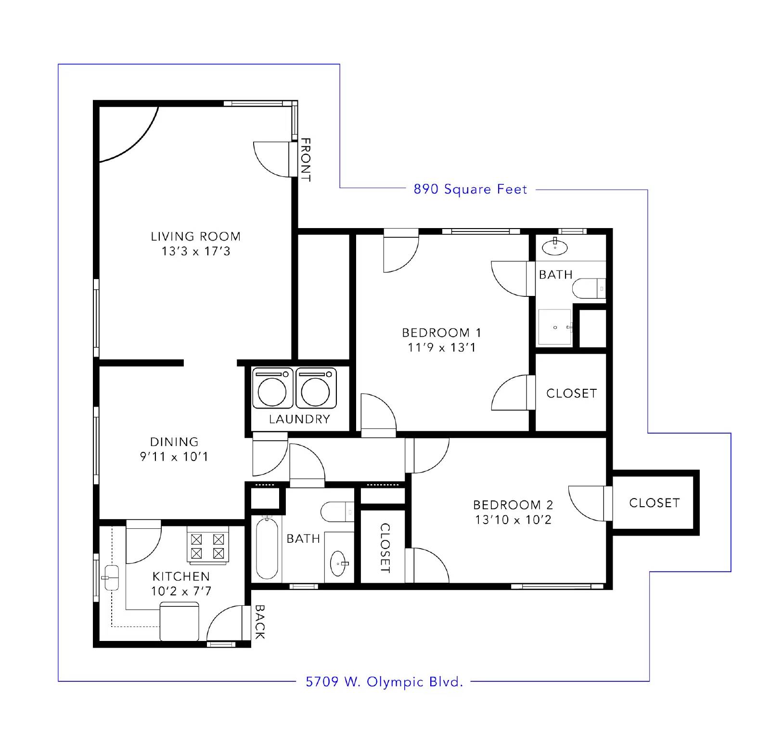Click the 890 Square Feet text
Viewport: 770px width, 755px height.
(470, 189)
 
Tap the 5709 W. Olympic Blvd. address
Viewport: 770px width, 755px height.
(385, 682)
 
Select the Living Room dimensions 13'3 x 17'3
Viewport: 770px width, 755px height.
(196, 251)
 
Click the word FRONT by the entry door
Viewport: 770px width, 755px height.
(306, 160)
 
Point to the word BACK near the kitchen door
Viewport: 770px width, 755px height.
(259, 622)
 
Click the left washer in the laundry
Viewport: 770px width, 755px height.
(272, 388)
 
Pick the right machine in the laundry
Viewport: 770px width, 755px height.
(316, 388)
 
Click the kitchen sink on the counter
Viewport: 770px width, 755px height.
(110, 576)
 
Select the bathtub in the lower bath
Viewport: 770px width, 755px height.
(267, 548)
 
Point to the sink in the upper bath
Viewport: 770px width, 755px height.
(555, 247)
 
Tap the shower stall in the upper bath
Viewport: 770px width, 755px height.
(555, 327)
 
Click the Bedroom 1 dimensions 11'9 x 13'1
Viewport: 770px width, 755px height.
(442, 347)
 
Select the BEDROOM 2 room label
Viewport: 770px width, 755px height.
(513, 505)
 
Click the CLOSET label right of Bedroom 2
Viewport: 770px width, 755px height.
(654, 503)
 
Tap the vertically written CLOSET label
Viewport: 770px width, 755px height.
(385, 548)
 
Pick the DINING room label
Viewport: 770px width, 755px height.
(174, 442)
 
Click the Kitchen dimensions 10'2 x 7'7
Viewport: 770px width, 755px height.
(181, 591)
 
